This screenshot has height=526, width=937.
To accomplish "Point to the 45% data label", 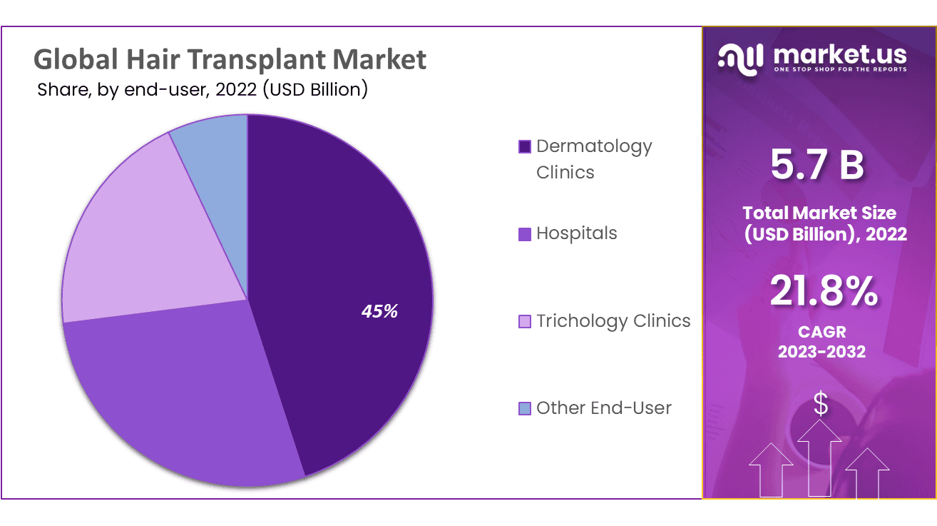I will coord(379,311).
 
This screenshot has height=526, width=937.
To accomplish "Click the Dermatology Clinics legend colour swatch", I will coord(525,147).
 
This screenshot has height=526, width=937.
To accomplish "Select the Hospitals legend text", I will coord(576,233).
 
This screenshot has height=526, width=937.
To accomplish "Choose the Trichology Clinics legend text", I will coord(613,321).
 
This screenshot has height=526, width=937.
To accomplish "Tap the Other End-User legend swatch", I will coord(525,409).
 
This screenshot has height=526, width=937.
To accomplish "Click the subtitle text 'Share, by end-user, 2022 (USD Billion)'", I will coord(202,90).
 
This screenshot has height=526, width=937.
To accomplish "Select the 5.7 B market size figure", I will coord(818,164).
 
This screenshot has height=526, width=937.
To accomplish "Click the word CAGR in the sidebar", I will coord(821,333).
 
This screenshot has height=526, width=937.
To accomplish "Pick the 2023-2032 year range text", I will coord(821,351).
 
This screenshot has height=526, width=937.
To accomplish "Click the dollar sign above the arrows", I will coord(821,405).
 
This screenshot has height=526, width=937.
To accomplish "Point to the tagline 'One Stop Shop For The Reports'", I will coord(839,69).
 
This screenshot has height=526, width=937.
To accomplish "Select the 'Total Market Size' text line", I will coord(819,212).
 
